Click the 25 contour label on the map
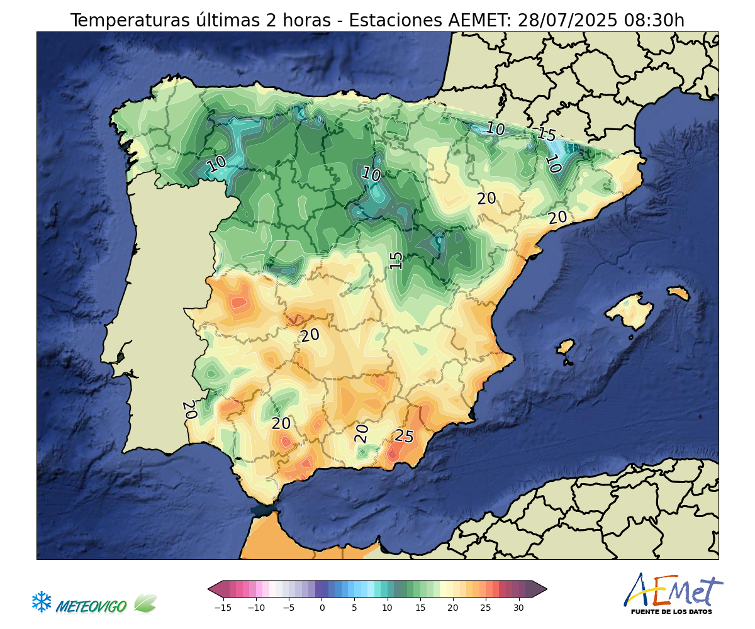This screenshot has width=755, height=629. coord(404,437)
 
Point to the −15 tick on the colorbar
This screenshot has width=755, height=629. coord(223,608)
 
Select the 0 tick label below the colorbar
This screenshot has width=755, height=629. coord(322,608)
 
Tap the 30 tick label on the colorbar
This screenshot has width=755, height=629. coord(518,608)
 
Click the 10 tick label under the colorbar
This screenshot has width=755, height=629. coord(387,608)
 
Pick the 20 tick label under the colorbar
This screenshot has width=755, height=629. coord(452,608)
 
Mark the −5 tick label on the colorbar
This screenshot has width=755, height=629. coord(289,608)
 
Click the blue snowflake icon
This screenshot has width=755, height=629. coord(42,602)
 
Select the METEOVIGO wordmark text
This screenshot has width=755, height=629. coord(91,606)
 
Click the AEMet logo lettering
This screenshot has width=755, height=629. coord(673,591)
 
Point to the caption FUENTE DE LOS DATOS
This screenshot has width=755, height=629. coord(671,611)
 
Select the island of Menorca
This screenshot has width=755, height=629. coord(678,293)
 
